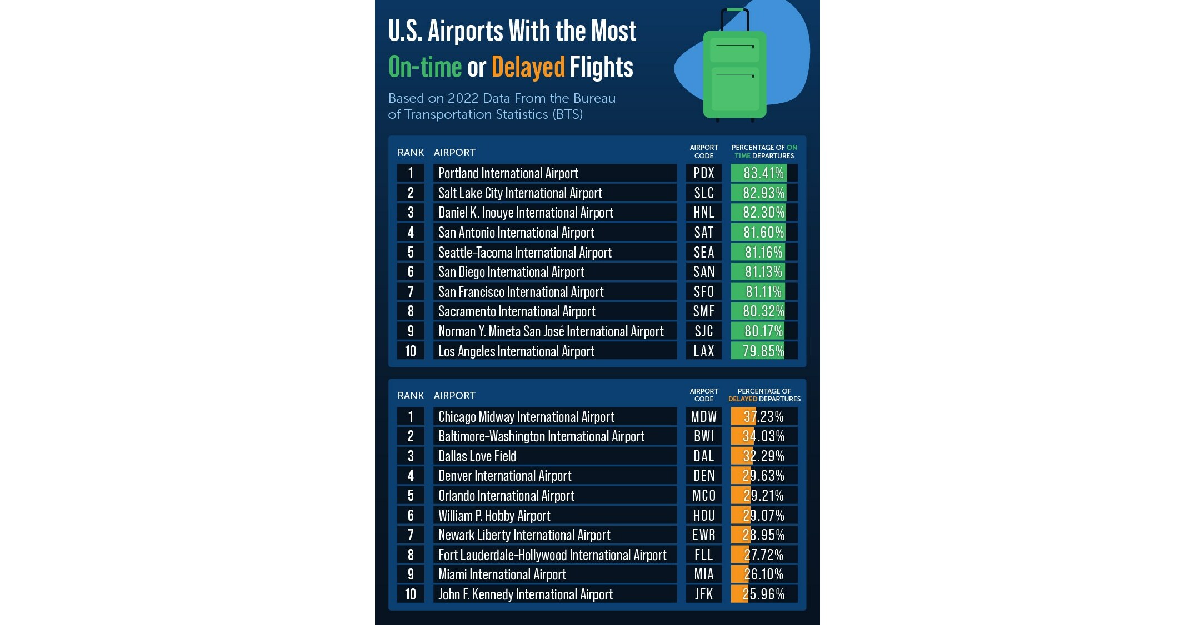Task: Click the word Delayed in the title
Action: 528,67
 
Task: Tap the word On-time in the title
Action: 425,67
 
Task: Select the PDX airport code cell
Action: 703,173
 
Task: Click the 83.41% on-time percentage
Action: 763,173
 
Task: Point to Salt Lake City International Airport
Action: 520,193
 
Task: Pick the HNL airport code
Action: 703,212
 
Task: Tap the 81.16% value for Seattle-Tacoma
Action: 763,252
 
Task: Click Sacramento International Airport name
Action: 517,311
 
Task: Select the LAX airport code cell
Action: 703,351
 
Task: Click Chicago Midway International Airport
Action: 526,416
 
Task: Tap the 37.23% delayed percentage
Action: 763,416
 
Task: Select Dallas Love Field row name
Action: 477,456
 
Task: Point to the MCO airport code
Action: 703,495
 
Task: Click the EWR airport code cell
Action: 703,535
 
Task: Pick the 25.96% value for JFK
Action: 763,594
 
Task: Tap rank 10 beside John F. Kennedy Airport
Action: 411,594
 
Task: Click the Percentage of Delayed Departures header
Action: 764,395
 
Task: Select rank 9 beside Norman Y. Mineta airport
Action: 411,331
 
